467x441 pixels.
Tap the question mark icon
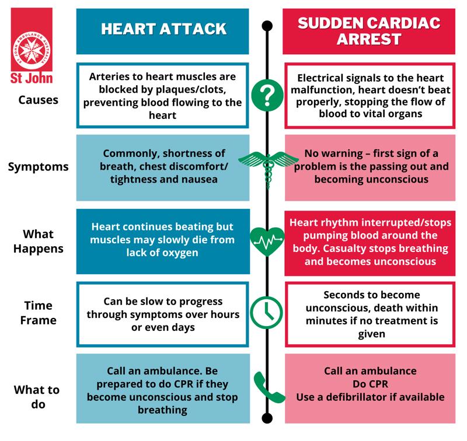(267, 94)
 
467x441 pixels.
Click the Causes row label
(39, 100)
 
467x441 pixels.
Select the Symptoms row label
(39, 167)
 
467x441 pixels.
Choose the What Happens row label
(39, 241)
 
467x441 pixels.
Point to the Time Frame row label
(39, 313)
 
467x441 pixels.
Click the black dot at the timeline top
(267, 26)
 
